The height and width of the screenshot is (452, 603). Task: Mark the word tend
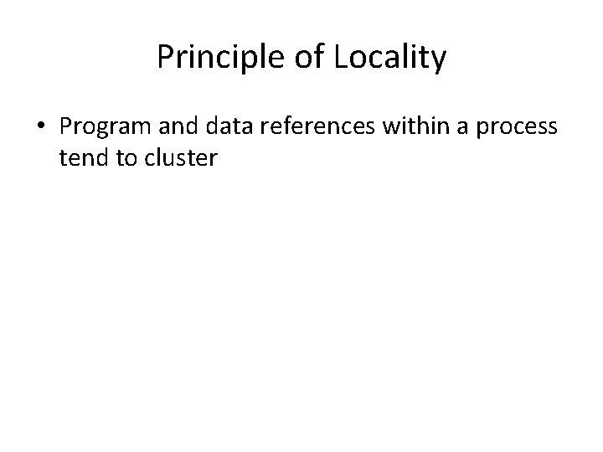[x=84, y=157]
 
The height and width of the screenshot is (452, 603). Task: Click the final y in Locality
[x=440, y=61]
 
